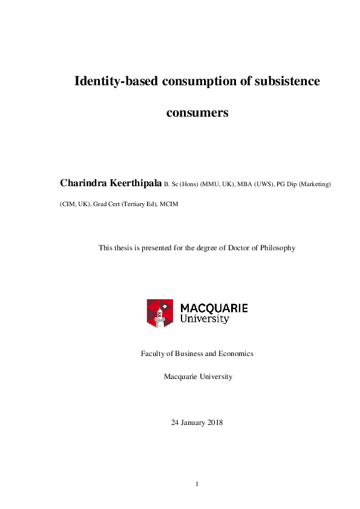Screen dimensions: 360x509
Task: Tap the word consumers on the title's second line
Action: (197, 112)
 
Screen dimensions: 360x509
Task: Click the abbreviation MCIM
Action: (169, 204)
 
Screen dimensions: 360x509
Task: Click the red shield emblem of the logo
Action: (160, 313)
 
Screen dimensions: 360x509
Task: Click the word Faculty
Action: (154, 354)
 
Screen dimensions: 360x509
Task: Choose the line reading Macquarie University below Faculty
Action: (197, 377)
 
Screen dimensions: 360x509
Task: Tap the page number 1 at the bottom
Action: (197, 484)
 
